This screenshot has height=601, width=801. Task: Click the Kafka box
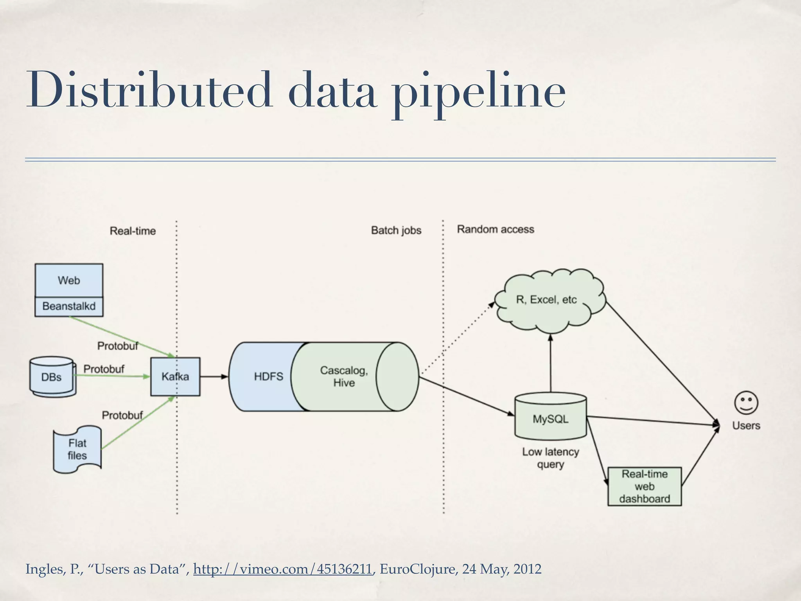click(175, 376)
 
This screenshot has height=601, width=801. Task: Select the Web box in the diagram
click(69, 280)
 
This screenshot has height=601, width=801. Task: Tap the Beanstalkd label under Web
click(69, 306)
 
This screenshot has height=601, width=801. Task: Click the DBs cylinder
click(52, 377)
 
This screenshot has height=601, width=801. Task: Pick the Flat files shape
click(77, 449)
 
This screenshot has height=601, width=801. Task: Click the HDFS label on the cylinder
click(268, 376)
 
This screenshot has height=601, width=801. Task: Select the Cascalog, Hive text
click(344, 376)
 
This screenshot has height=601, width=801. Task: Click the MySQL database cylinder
click(550, 419)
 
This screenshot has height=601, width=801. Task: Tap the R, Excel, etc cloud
click(546, 300)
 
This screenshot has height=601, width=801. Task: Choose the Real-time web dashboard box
click(645, 486)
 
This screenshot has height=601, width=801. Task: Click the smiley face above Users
click(746, 403)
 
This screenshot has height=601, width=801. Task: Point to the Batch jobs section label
click(396, 230)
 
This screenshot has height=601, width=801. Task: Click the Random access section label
click(495, 229)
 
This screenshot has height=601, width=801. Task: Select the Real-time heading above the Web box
click(133, 231)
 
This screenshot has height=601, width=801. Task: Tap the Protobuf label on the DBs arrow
click(104, 369)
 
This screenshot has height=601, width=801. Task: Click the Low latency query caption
click(550, 458)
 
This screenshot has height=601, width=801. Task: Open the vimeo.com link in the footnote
click(282, 569)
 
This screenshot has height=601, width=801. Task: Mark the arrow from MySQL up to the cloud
click(551, 364)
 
